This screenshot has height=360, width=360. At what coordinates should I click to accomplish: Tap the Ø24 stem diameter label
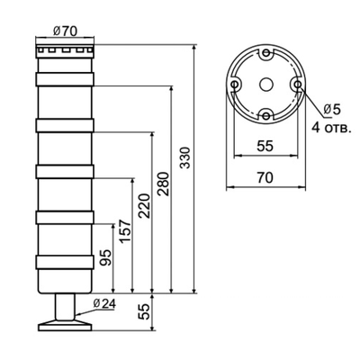(x=103, y=303)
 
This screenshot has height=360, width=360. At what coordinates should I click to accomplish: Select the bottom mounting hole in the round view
(x=266, y=114)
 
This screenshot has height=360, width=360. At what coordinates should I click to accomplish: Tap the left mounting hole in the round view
(x=236, y=84)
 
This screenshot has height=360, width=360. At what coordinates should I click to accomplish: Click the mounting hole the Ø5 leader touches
(x=297, y=84)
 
